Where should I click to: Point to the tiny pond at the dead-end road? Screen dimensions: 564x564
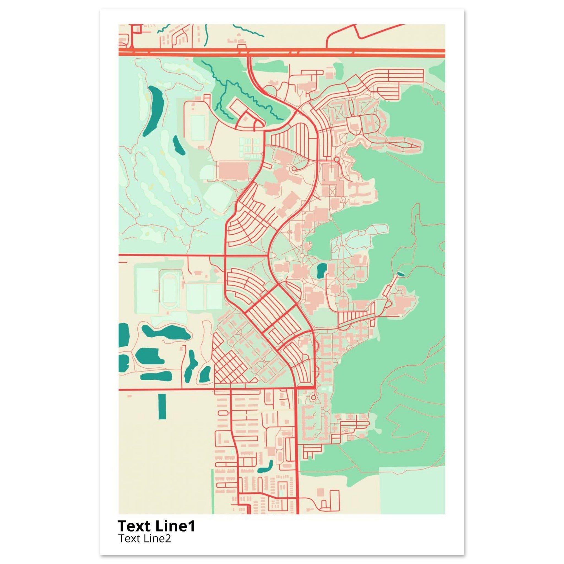[x=401, y=274]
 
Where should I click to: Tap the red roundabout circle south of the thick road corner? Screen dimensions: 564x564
[x=313, y=398]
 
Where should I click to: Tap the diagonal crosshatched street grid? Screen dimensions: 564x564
[x=228, y=364]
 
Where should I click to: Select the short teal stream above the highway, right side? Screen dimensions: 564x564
[x=248, y=31]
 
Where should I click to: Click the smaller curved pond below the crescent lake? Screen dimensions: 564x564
[x=178, y=145]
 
